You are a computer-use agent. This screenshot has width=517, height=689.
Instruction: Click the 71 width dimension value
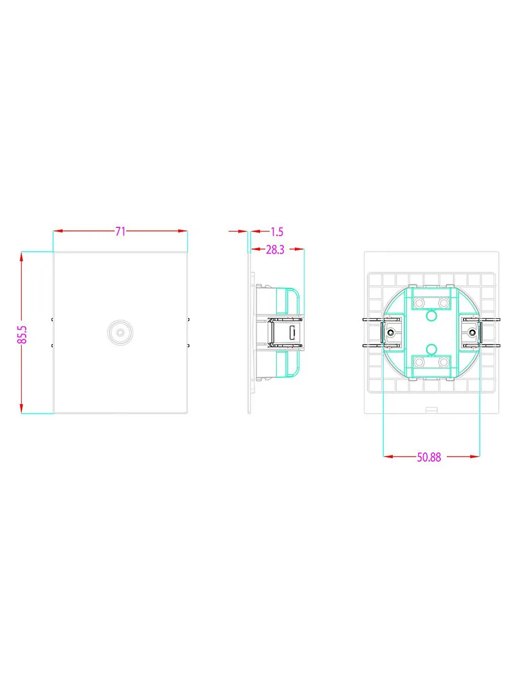tap(120, 231)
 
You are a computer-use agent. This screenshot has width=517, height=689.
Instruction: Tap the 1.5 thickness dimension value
tap(277, 231)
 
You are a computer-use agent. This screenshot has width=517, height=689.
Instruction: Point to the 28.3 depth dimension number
tap(275, 250)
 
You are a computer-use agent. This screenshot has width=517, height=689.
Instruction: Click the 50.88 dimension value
tap(429, 457)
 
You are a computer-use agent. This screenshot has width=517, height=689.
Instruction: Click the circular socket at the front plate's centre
tap(120, 332)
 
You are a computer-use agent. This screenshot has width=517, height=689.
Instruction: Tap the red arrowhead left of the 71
tap(59, 231)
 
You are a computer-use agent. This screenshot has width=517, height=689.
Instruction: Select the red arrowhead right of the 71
tap(182, 231)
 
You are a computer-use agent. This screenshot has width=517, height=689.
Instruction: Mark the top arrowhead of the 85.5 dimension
tap(21, 257)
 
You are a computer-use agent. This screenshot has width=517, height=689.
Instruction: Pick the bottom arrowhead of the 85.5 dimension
tap(21, 408)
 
